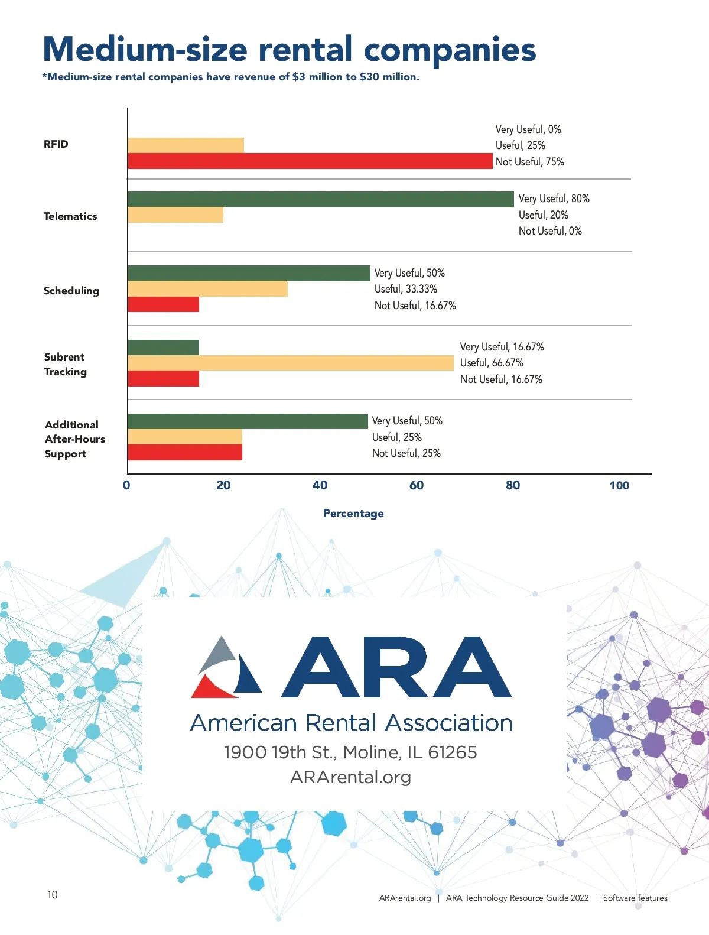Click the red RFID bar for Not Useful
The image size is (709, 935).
click(310, 161)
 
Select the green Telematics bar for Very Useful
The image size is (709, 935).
click(320, 199)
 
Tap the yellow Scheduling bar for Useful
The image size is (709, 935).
click(207, 289)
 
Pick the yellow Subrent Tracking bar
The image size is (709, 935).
click(290, 363)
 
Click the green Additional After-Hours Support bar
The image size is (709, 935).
click(248, 421)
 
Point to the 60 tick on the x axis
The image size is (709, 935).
click(416, 485)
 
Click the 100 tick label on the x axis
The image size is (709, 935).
click(619, 485)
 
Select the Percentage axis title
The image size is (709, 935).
click(353, 514)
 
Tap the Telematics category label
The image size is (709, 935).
click(70, 216)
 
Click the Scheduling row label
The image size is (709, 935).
click(71, 291)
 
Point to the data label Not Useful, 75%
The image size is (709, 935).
click(529, 162)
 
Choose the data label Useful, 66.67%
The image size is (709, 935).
click(492, 363)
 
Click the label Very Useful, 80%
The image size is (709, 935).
click(554, 199)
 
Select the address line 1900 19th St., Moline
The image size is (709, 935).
click(350, 752)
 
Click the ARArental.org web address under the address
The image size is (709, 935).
click(350, 777)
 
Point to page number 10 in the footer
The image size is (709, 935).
click(53, 895)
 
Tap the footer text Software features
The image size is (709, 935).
click(635, 898)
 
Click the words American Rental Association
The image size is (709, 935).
click(351, 723)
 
